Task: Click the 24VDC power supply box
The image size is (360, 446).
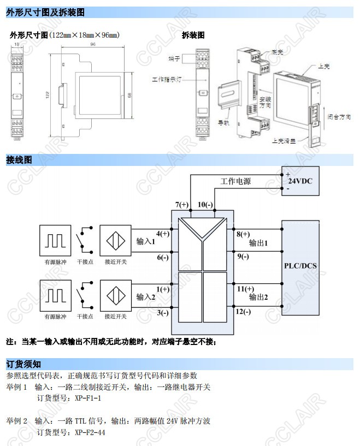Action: click(299, 181)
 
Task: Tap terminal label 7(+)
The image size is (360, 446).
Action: click(181, 205)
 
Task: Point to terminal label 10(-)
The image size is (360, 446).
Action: click(205, 205)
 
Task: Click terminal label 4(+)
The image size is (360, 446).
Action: click(162, 234)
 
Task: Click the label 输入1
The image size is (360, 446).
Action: click(146, 241)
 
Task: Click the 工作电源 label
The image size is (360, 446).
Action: click(235, 181)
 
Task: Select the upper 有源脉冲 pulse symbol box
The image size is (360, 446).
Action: click(55, 240)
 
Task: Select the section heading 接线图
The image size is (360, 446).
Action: click(19, 160)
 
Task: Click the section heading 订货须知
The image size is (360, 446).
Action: click(23, 364)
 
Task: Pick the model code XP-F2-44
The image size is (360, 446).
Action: click(90, 432)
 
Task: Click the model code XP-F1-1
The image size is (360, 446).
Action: click(88, 398)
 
